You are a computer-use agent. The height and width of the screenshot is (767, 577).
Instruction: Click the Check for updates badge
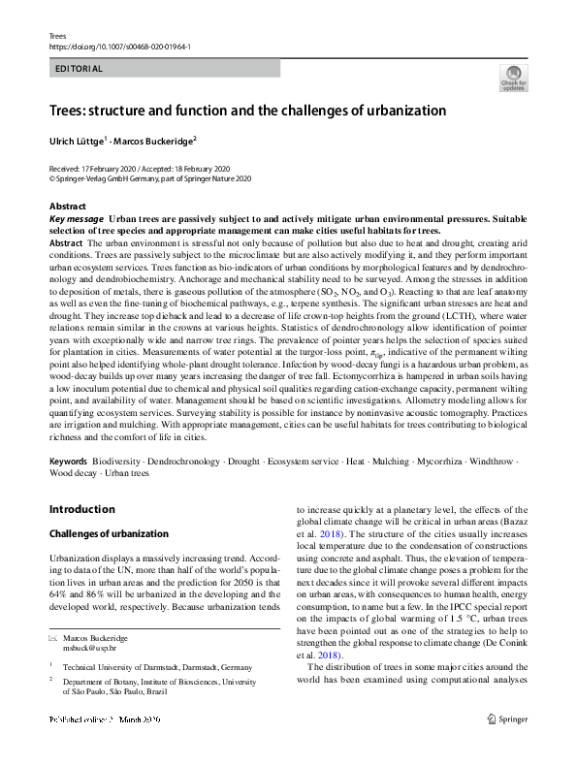(512, 78)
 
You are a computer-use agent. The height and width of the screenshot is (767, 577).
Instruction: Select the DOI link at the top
(119, 47)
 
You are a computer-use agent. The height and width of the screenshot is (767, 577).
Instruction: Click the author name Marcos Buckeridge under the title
(155, 141)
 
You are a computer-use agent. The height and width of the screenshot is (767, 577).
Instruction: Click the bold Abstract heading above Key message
(68, 207)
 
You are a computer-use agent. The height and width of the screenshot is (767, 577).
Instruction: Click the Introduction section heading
(81, 509)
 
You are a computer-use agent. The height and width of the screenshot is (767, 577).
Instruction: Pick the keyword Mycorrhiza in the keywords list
(444, 462)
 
